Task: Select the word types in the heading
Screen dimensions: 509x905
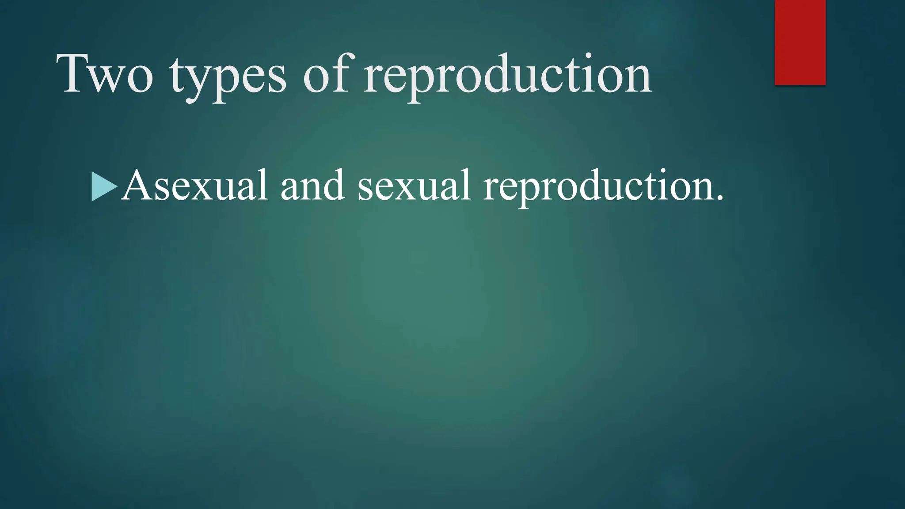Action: tap(228, 77)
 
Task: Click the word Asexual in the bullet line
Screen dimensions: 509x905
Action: tap(194, 186)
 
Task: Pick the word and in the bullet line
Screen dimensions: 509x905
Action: tap(312, 186)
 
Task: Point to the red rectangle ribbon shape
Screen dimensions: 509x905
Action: tap(800, 42)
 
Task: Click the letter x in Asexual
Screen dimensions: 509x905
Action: tap(201, 190)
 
